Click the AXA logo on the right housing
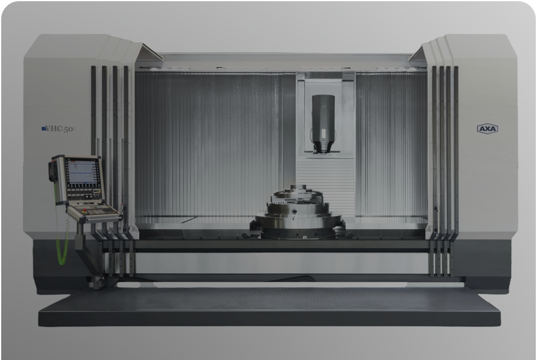(x=487, y=129)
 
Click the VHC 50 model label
(x=57, y=129)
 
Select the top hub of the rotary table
(x=298, y=190)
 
